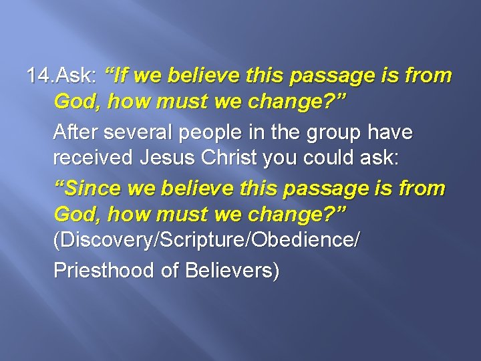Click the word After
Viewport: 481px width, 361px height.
coord(74,133)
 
